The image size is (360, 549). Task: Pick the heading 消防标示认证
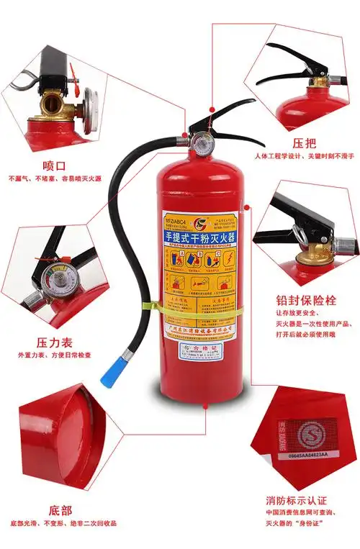click(x=296, y=500)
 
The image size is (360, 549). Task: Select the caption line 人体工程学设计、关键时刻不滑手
click(x=302, y=156)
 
